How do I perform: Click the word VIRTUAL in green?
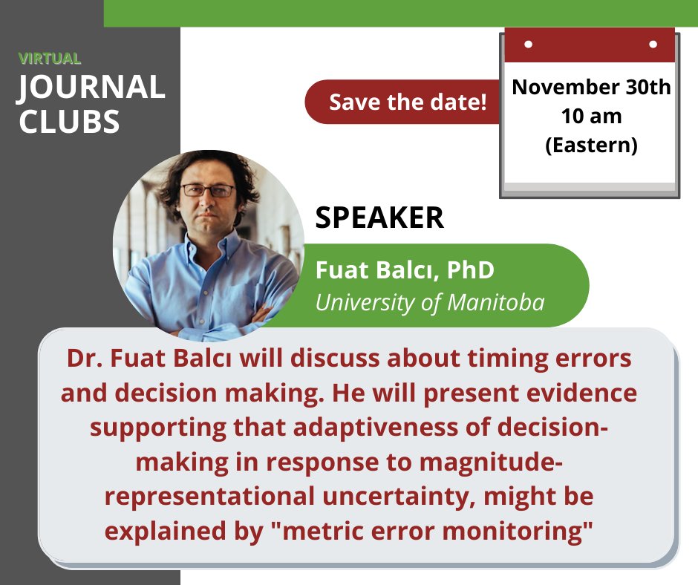coord(50,59)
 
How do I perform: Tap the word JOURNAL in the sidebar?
coord(91,88)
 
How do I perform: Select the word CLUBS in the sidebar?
coord(69,121)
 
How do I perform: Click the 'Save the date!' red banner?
coord(407,102)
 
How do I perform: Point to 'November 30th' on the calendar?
coord(591,88)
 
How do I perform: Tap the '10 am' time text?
coord(591,117)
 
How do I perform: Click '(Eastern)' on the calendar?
coord(591,146)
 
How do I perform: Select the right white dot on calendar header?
coord(653,44)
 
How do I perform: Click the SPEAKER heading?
coord(379,218)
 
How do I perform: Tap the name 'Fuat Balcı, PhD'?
coord(405,269)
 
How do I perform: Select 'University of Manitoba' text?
coord(430,302)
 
